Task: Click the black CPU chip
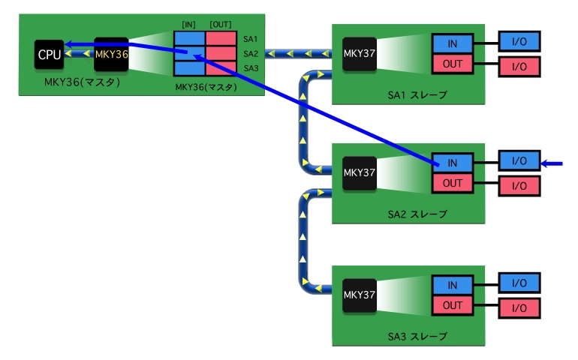point(49,55)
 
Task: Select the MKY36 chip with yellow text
point(111,55)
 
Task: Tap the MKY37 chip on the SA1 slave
point(360,54)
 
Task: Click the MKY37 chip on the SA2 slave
point(360,172)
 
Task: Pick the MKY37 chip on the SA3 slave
point(360,295)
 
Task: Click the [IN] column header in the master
point(188,25)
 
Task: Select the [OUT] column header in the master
point(221,25)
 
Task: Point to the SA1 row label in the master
point(251,39)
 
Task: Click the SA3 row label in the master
point(251,68)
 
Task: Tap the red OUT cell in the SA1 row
point(221,39)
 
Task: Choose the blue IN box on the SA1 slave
point(453,43)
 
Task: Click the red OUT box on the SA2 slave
point(453,183)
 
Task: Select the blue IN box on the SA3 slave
point(453,285)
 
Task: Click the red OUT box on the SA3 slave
point(453,305)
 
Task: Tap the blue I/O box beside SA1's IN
point(519,42)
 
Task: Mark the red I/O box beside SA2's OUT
point(519,186)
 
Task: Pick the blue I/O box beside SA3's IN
point(519,283)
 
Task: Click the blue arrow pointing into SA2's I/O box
point(552,163)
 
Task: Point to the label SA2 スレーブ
point(417,214)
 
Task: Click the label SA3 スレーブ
point(417,337)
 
